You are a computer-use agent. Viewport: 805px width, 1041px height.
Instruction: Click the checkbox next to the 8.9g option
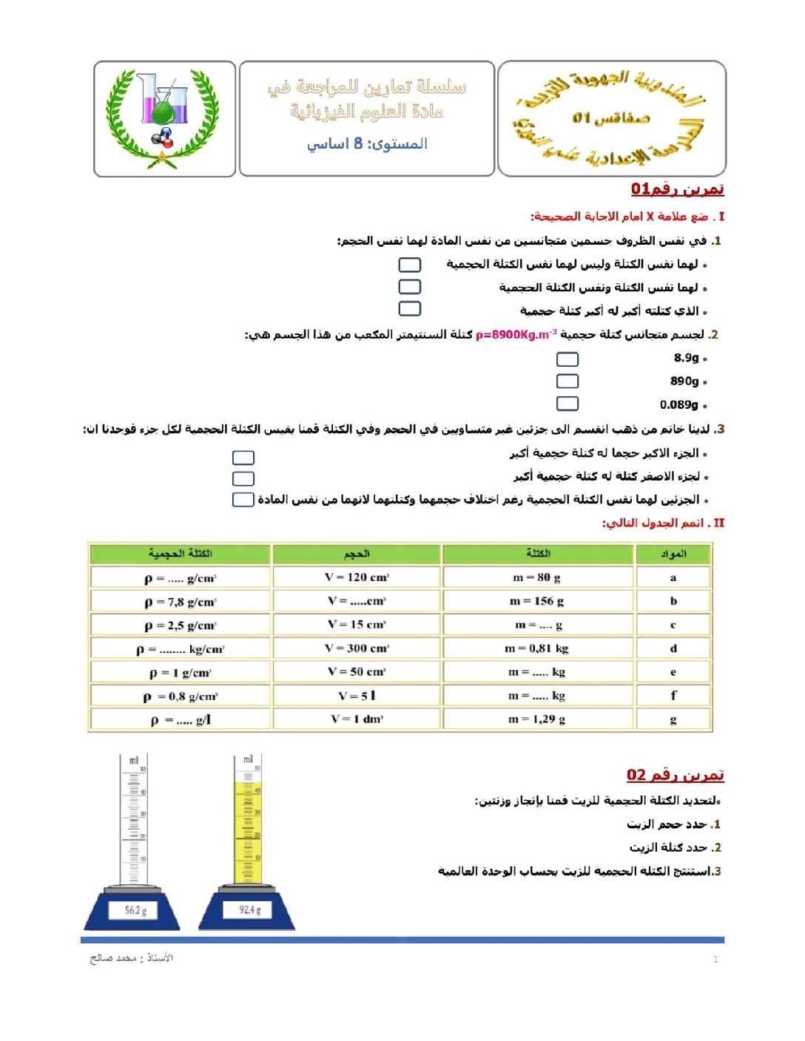[567, 359]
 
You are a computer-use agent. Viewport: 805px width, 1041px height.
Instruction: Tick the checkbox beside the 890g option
[567, 381]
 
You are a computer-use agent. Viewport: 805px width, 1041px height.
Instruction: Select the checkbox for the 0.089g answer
[567, 404]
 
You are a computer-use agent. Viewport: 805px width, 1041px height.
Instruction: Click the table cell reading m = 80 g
[537, 577]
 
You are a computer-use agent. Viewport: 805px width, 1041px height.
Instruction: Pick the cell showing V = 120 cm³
[357, 577]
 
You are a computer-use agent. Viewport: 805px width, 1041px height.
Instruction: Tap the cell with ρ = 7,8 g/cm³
[180, 602]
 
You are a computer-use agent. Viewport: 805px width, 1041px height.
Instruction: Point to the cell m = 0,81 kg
[537, 648]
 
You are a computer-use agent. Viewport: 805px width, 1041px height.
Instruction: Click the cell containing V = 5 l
[357, 696]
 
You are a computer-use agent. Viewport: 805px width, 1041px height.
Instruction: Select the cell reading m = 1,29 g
[537, 719]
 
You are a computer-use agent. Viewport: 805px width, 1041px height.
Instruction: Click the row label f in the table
[673, 696]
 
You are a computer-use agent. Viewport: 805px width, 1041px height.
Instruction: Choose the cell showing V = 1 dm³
[357, 719]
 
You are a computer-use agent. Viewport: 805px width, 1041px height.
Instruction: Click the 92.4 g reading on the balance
[249, 910]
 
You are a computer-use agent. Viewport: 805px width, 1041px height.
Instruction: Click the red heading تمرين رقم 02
[675, 775]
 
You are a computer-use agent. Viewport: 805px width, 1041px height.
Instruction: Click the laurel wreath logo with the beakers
[164, 118]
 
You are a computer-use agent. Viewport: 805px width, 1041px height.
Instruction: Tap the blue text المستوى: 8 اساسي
[367, 143]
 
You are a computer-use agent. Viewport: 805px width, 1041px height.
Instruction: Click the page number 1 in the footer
[715, 960]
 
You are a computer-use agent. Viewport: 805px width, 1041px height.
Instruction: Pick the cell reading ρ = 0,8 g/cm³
[180, 696]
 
